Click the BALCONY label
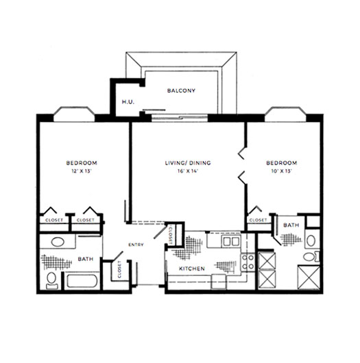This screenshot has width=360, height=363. tap(181, 90)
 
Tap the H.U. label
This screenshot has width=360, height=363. tap(128, 101)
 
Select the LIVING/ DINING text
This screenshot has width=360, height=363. tap(188, 163)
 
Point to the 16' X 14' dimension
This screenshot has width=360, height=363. tap(188, 171)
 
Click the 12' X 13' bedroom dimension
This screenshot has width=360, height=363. tap(82, 171)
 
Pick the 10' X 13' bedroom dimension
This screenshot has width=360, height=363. tap(281, 171)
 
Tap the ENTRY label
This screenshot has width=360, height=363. tap(136, 245)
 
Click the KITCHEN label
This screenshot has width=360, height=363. tap(192, 268)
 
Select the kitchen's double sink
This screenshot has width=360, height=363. tap(231, 242)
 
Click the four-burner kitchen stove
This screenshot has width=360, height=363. tap(248, 262)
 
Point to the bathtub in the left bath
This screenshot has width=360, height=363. tap(82, 281)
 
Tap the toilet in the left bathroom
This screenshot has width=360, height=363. tap(51, 281)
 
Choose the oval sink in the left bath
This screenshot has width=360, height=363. tap(58, 242)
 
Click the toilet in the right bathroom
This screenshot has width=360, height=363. tap(311, 257)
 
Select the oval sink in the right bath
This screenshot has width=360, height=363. tap(311, 241)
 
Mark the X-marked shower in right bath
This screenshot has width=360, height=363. tap(309, 277)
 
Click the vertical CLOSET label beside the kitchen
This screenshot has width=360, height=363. tap(171, 234)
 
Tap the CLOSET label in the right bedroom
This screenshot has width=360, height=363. tap(259, 220)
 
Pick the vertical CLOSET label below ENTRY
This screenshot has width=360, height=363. tap(119, 269)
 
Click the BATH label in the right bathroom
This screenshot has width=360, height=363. tap(291, 225)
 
